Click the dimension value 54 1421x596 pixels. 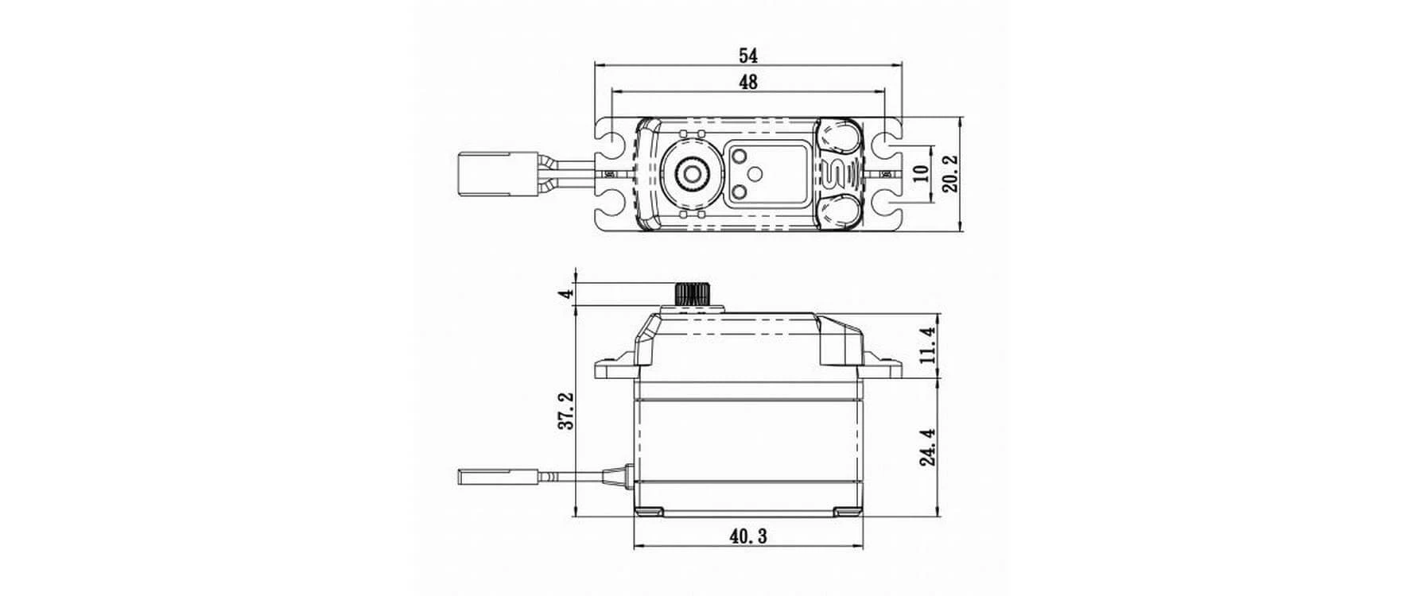coord(747,56)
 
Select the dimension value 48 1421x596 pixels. coord(747,81)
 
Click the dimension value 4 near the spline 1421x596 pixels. coord(566,293)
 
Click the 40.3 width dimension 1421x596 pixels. coord(747,537)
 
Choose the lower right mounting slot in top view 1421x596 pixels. coord(882,206)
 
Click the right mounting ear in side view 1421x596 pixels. coord(881,368)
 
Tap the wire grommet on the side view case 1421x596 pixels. coord(617,478)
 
